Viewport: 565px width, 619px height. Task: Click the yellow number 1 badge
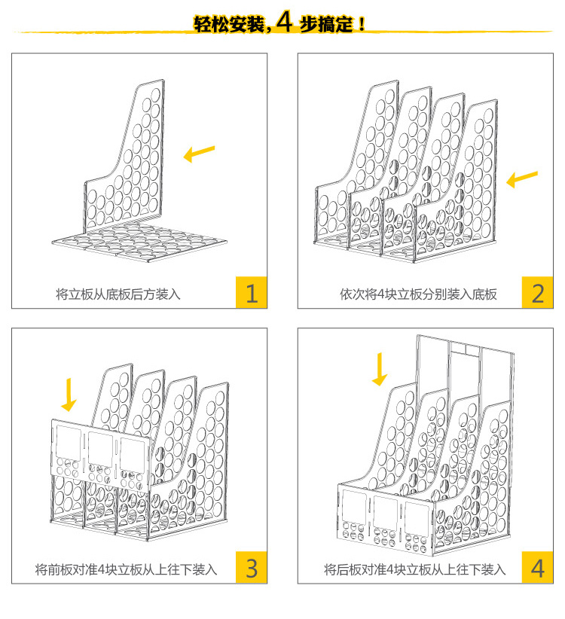252,292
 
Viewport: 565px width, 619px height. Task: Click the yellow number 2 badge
537,292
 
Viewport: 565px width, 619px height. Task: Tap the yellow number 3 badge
252,568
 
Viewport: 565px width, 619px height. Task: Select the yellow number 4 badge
537,568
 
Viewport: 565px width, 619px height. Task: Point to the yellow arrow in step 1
200,154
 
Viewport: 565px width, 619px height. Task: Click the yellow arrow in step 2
522,179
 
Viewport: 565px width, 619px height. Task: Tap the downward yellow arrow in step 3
69,395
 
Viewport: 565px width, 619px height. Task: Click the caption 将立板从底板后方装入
118,294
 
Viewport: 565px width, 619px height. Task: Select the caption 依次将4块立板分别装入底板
418,294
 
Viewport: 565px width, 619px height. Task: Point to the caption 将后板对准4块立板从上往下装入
415,569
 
